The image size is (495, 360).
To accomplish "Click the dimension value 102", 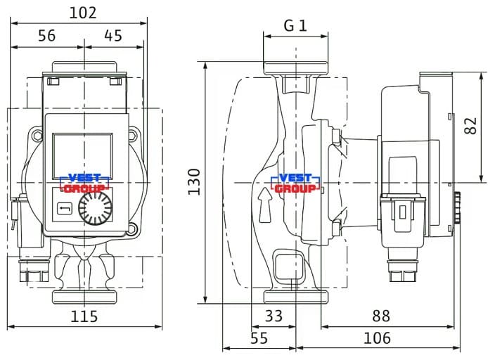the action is [83, 13].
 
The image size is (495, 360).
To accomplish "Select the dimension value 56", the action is [46, 36].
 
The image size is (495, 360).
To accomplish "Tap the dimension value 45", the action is [113, 36].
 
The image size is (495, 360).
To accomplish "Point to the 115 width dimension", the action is [84, 316].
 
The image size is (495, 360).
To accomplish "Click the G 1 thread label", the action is [295, 25].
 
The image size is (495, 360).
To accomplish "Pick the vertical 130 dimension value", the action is [195, 182].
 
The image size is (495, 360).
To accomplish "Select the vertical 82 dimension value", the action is [470, 126].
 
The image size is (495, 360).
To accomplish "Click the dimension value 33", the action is [274, 316].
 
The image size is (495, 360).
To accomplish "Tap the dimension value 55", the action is [259, 338].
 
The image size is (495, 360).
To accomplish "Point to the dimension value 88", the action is [381, 316].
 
